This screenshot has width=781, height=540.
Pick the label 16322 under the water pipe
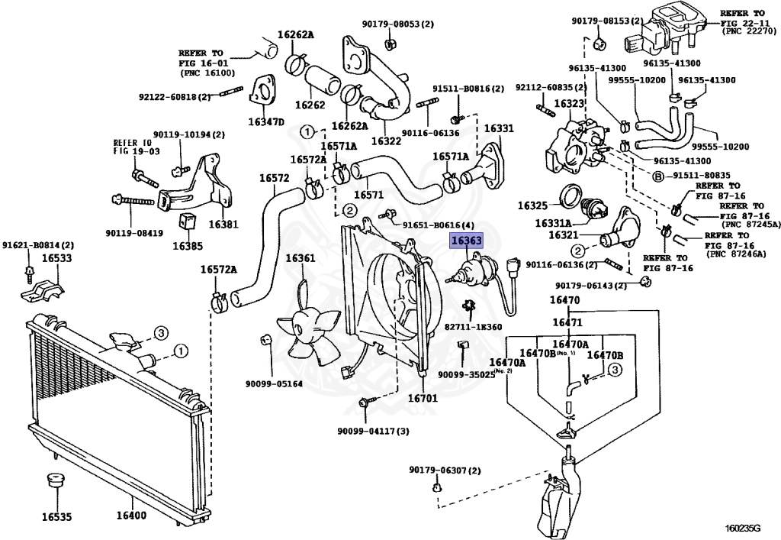click(x=386, y=141)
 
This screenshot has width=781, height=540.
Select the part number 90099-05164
click(x=274, y=383)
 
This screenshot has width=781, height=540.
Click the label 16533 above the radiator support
click(x=56, y=259)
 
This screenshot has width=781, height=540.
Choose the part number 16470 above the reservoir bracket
click(x=565, y=300)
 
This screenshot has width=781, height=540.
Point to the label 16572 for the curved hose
click(x=274, y=178)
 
